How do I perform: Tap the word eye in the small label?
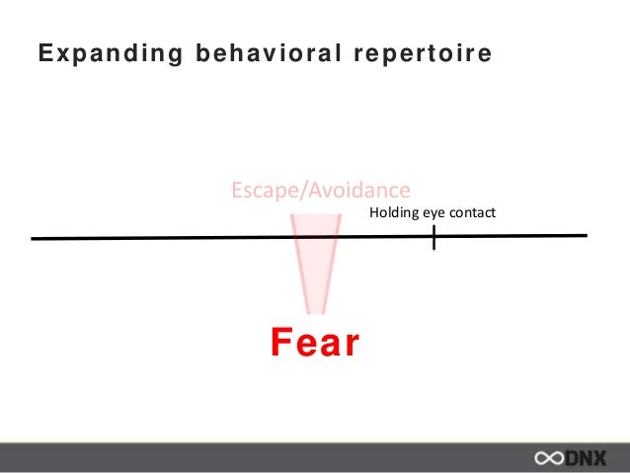tap(433, 213)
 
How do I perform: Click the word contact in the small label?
tap(471, 212)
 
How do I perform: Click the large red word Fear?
tap(315, 344)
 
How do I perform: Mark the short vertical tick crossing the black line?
tap(433, 237)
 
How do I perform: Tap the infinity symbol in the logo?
tap(549, 458)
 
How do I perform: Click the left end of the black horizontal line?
tap(35, 238)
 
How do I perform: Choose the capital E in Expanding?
tap(44, 54)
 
